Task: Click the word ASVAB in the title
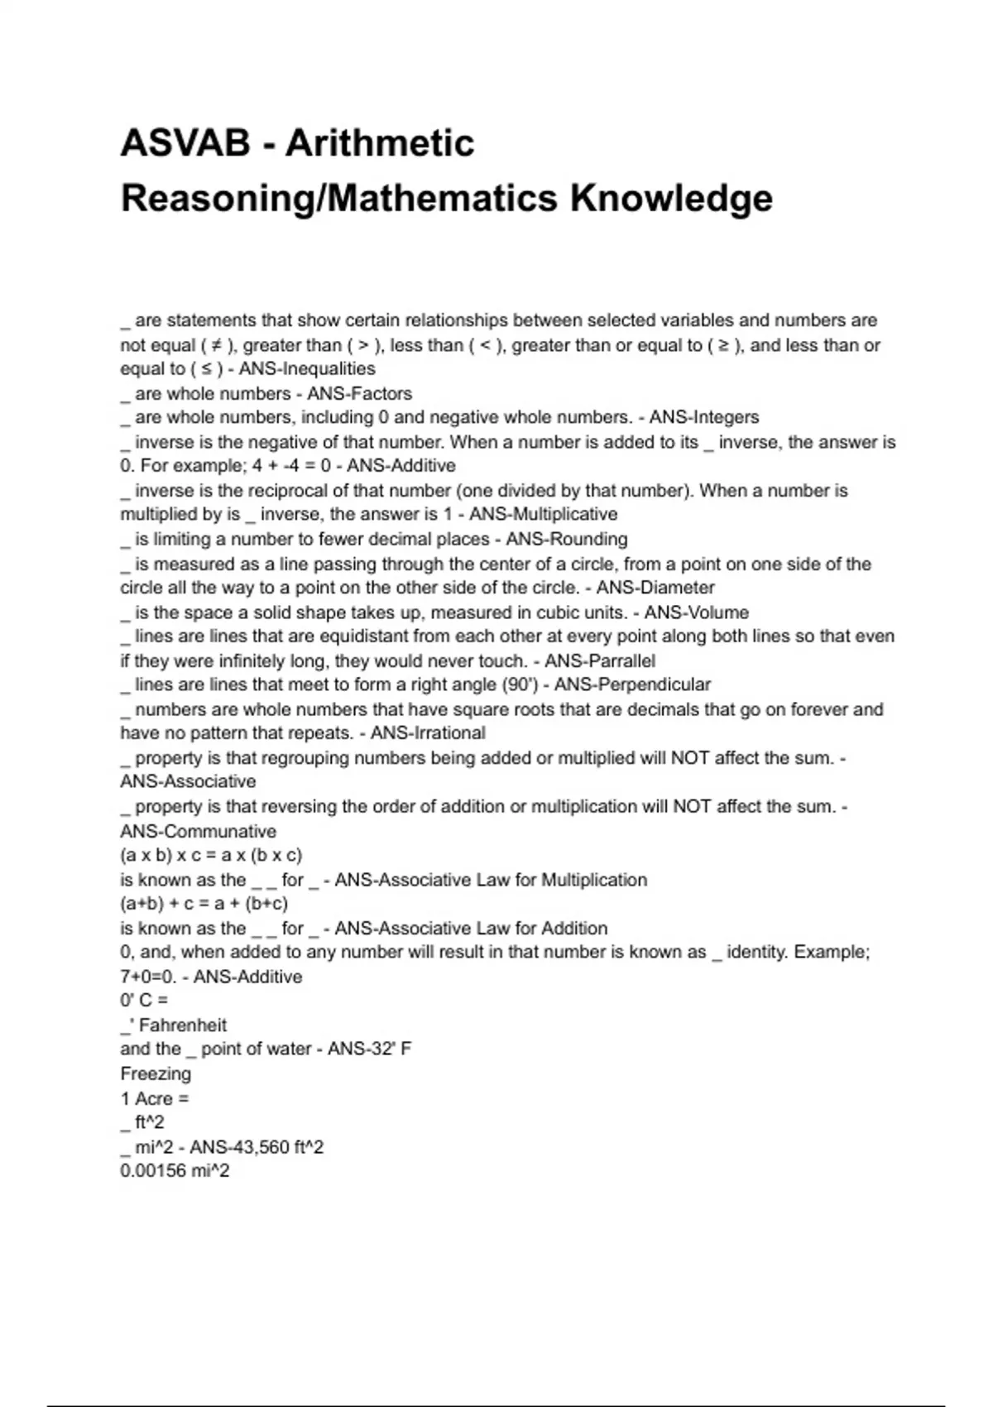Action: point(185,143)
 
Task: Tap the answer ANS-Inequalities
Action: point(307,369)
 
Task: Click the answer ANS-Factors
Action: point(359,394)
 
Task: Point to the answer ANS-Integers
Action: point(704,418)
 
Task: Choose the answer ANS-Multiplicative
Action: point(543,515)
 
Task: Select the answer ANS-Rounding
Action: point(567,540)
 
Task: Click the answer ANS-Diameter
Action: point(655,588)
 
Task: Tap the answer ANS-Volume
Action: point(697,613)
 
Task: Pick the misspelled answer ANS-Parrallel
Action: point(600,661)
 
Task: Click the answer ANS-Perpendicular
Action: point(632,685)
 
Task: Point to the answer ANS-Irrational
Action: point(428,734)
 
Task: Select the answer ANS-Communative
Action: point(199,832)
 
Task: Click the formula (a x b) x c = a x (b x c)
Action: point(211,856)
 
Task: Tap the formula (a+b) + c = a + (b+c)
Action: point(204,904)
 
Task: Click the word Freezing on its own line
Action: point(156,1074)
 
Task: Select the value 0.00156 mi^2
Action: point(175,1172)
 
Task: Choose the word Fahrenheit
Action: point(183,1025)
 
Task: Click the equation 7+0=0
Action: point(148,977)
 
